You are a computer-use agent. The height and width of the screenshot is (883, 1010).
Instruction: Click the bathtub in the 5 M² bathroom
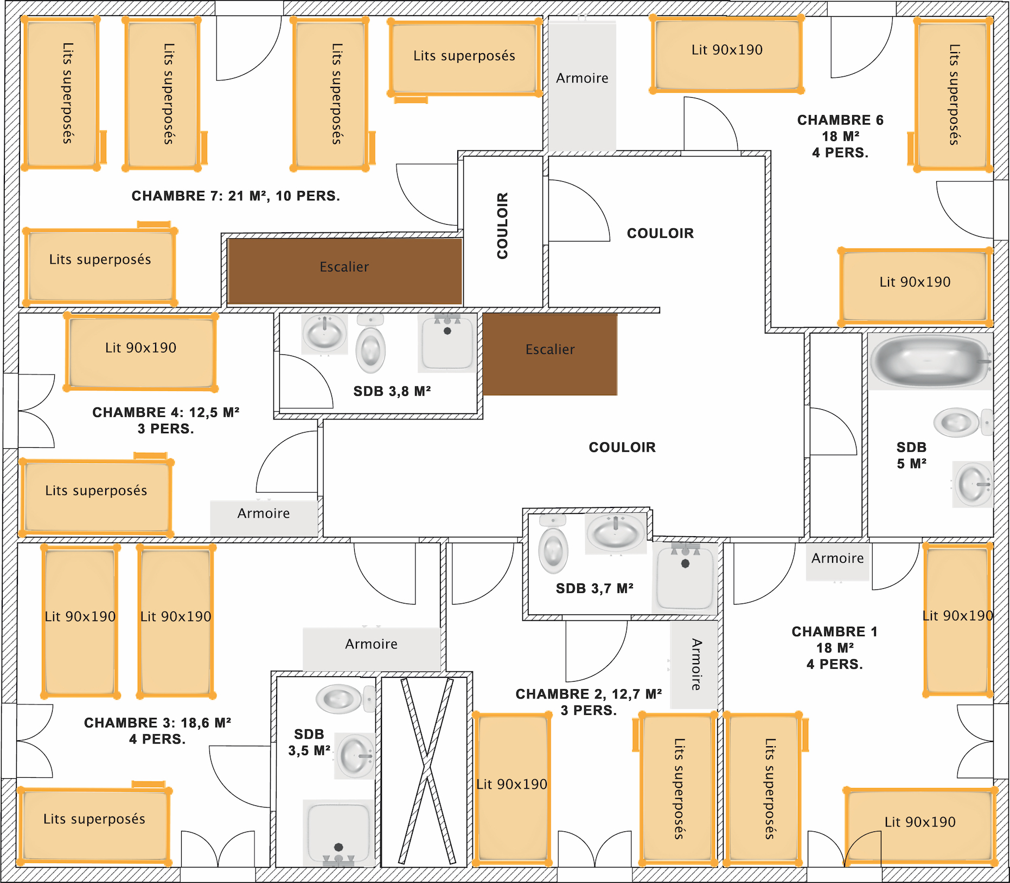930,361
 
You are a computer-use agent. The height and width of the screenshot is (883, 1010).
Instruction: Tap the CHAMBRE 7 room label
235,196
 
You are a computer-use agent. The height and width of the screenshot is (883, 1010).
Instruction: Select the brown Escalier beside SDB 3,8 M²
550,354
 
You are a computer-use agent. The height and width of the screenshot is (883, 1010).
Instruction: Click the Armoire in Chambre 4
264,518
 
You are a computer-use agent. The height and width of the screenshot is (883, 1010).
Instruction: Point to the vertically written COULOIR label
503,225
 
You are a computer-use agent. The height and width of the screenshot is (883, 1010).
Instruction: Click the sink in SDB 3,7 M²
616,533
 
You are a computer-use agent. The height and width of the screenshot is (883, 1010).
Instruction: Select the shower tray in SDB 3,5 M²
338,833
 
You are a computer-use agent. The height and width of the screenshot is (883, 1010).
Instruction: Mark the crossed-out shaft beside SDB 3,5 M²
426,771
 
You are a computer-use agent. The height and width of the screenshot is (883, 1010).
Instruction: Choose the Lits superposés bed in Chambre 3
94,824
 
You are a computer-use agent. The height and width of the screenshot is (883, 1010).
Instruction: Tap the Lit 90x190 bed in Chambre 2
512,789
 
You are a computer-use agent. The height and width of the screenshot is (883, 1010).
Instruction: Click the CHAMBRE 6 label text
840,136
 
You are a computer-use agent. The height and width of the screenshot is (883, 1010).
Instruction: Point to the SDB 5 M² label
911,455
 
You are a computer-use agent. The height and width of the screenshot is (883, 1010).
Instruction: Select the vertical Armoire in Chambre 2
694,664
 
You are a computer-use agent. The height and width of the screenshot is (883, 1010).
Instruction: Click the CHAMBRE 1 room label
834,647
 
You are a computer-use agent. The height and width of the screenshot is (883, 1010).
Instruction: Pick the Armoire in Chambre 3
372,649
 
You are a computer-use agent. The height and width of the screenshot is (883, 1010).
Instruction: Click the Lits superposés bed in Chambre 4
96,495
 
